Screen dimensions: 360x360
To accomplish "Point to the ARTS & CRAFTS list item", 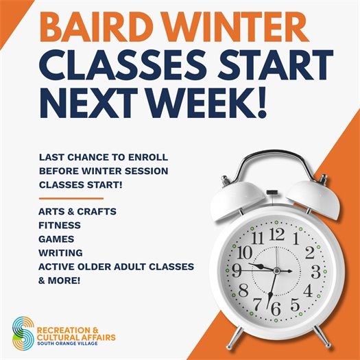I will tap(77, 212).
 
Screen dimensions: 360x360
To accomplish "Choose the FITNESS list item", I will tap(60, 225).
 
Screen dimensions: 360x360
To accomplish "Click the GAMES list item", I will tap(57, 239).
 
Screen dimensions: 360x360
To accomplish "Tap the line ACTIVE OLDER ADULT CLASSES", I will tap(117, 266).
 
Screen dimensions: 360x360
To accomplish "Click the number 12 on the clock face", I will tap(276, 235).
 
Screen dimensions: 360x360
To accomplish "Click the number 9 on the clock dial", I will tap(237, 271).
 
